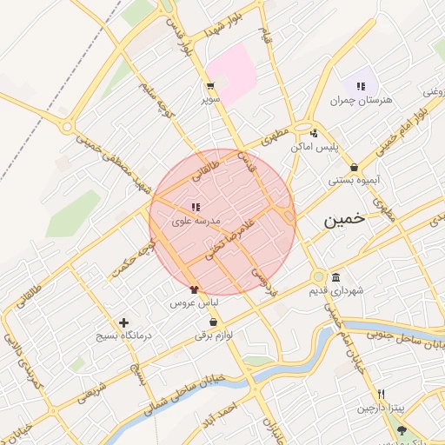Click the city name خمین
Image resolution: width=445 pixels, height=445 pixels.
347,221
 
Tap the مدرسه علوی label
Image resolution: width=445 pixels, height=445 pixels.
192,222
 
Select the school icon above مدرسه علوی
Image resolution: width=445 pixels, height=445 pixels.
195,207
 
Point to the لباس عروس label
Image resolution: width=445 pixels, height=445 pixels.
193,303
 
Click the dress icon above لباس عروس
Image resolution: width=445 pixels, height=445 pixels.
194,289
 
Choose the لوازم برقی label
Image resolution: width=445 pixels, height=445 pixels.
214,336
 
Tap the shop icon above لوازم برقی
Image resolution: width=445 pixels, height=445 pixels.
213,322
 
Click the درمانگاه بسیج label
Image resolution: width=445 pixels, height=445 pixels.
123,335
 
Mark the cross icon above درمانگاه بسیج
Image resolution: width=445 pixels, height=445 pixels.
123,322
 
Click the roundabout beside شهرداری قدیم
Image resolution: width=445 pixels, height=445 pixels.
319,277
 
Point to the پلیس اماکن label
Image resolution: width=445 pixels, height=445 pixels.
313,147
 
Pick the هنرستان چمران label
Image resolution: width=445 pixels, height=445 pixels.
361,100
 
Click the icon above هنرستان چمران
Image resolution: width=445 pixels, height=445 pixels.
359,85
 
